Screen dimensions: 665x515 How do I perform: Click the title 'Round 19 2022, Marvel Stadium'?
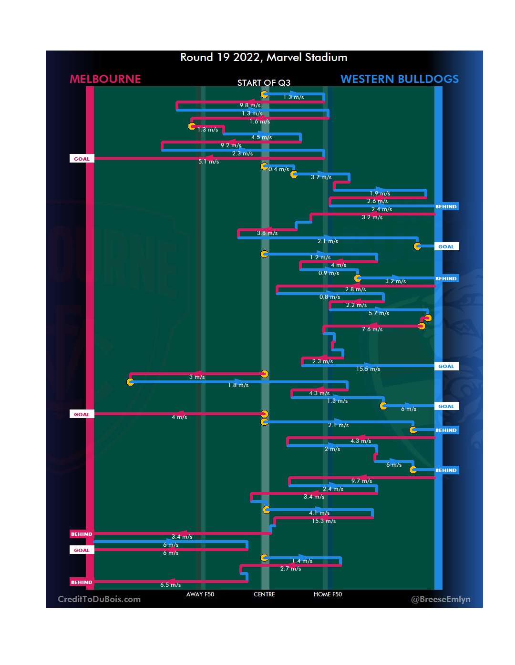264,58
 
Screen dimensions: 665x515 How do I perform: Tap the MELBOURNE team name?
105,79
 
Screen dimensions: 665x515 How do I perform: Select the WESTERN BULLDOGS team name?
399,79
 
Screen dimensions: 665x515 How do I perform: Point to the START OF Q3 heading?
264,83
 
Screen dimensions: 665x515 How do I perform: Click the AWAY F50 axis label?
200,594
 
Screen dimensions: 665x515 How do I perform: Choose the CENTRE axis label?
264,594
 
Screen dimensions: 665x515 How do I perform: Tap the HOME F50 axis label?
328,594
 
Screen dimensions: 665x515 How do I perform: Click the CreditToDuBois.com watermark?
99,599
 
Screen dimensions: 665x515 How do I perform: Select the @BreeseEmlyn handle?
441,599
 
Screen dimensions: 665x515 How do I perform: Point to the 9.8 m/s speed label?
250,105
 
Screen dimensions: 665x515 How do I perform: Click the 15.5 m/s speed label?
368,369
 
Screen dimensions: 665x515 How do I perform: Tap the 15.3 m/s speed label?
324,521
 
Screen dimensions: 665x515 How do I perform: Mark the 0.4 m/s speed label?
278,169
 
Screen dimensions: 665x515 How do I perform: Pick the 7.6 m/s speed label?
372,329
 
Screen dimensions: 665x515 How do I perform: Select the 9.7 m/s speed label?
361,481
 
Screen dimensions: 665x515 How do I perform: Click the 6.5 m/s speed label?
170,585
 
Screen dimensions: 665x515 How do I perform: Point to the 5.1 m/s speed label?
208,162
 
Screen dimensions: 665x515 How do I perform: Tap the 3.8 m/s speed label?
267,233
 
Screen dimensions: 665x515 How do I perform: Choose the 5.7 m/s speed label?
379,313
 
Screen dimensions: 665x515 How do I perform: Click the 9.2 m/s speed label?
231,145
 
